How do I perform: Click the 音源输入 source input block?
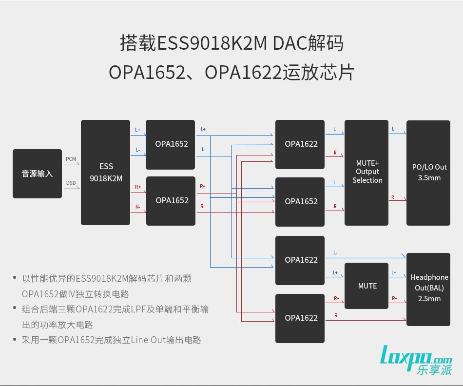[x=37, y=174]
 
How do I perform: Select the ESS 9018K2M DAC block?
[x=105, y=173]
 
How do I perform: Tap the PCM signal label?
[x=71, y=159]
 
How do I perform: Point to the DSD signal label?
[x=71, y=183]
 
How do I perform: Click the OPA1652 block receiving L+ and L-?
[x=171, y=144]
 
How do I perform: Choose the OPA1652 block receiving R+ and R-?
[x=171, y=201]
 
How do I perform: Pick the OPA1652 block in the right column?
[x=300, y=202]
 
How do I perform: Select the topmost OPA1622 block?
[x=300, y=144]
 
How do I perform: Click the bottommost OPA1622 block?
[x=300, y=318]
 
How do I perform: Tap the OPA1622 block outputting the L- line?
[x=300, y=260]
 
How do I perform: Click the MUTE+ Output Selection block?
[x=367, y=173]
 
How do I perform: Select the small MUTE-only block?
[x=367, y=286]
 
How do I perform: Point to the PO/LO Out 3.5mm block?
[x=428, y=173]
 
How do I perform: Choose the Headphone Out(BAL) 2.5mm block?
[x=428, y=289]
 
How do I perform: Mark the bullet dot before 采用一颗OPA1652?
[x=15, y=340]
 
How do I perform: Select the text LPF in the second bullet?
[x=153, y=309]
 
